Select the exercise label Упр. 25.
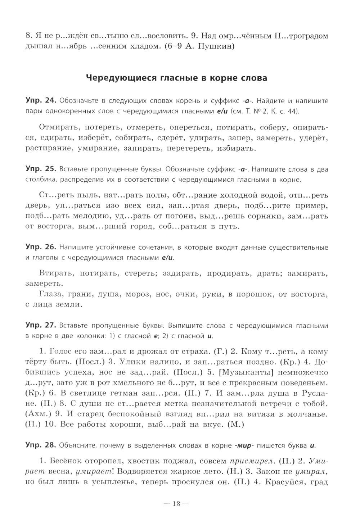pos(40,169)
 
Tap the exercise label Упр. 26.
pos(40,247)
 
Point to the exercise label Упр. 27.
pos(40,326)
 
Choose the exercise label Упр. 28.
pos(40,446)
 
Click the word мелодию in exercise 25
pos(97,216)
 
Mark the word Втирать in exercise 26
pos(54,273)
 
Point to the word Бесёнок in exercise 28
pos(68,461)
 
